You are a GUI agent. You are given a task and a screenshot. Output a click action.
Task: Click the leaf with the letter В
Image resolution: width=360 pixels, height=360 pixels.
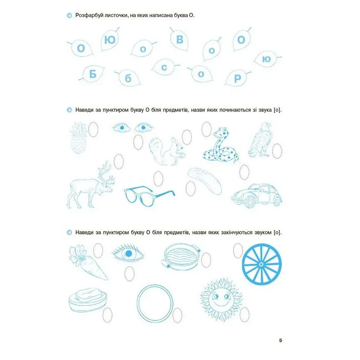tap(179, 40)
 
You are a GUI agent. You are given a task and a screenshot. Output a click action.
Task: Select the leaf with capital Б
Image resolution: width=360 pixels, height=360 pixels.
tap(92, 74)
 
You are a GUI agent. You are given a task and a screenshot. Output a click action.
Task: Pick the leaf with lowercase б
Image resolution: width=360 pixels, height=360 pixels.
tap(128, 78)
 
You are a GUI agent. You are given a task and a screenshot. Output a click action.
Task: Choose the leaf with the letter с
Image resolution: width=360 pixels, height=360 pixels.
tap(164, 67)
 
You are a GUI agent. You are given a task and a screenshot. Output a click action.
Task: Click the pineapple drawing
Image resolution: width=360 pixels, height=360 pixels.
tap(79, 138)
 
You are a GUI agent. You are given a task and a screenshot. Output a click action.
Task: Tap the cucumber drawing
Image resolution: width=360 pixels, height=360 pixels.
tap(205, 181)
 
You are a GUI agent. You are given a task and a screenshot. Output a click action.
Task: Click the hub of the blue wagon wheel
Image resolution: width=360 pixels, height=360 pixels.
tap(261, 264)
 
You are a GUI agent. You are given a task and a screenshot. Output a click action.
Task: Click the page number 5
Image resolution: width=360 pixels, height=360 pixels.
tap(280, 340)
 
